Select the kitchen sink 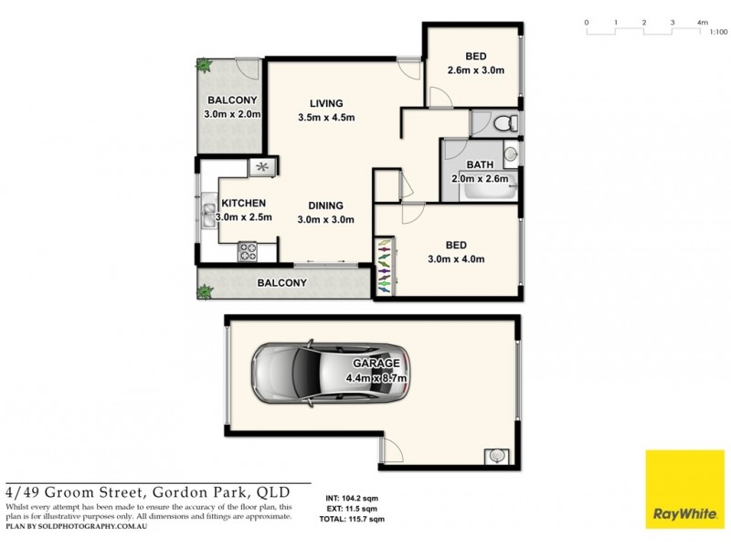click(x=208, y=216)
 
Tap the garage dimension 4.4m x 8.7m click(x=376, y=378)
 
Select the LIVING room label click(x=325, y=102)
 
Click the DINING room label click(x=325, y=205)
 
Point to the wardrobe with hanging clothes click(x=384, y=267)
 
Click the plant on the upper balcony click(x=203, y=67)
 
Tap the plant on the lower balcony click(x=204, y=291)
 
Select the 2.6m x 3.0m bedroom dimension click(x=475, y=69)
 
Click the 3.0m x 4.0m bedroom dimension click(x=456, y=259)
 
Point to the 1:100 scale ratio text click(x=718, y=32)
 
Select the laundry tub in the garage click(x=496, y=455)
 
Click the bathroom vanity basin click(x=512, y=153)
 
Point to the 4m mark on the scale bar click(x=702, y=21)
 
